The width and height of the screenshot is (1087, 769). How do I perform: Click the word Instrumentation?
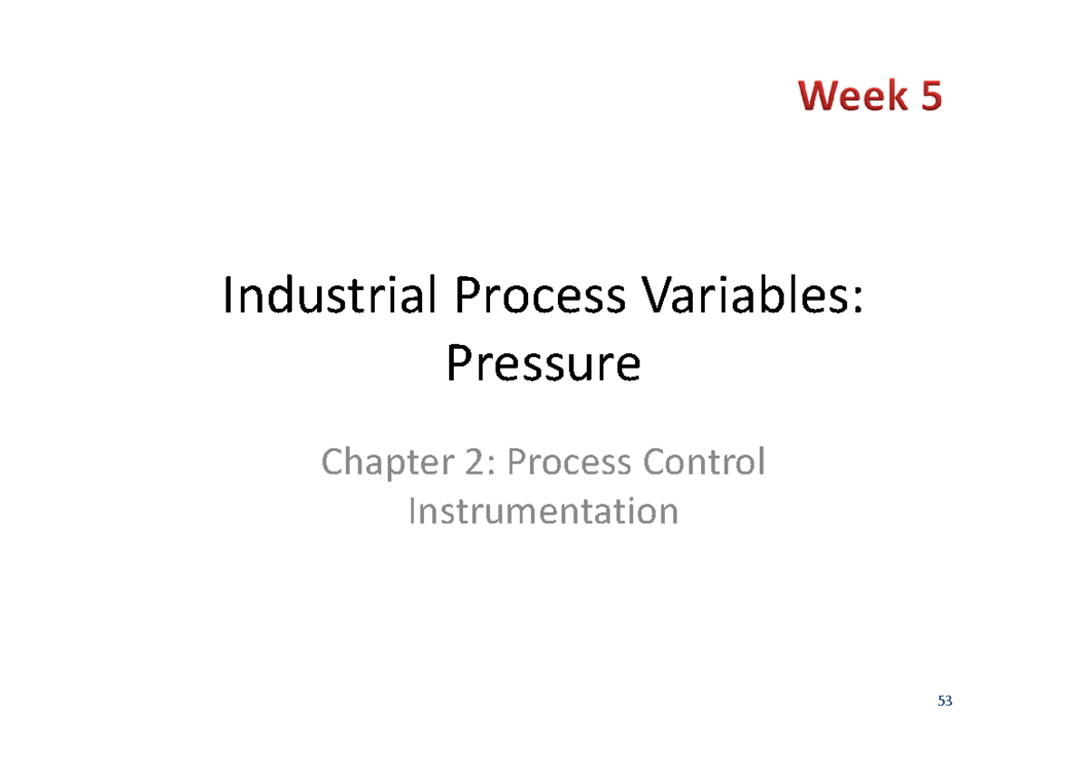tap(543, 511)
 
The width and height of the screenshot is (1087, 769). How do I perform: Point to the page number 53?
tap(946, 701)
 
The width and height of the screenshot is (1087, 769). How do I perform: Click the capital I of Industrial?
tap(228, 298)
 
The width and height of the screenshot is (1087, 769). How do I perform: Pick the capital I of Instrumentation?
tap(413, 511)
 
